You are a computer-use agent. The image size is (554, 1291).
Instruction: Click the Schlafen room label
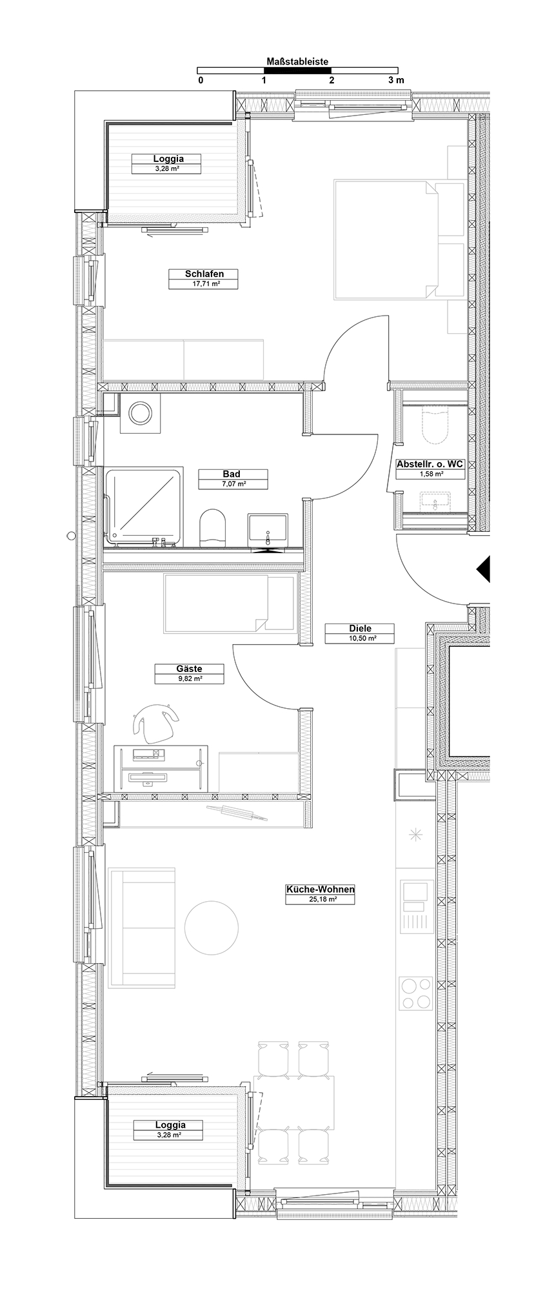coord(204,274)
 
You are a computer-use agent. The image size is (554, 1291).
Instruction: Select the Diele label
coord(360,629)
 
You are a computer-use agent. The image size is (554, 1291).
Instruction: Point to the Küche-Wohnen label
coord(321,889)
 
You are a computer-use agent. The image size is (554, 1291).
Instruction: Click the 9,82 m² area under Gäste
coord(189,679)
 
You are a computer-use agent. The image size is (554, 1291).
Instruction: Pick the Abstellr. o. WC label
coord(430,464)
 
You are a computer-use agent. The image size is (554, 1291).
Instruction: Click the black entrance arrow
coord(484,569)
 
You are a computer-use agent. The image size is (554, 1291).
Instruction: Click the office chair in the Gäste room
coord(155,722)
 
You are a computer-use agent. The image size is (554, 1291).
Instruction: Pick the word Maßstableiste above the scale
coord(297,62)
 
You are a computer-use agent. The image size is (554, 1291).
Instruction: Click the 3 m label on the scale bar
coord(396,80)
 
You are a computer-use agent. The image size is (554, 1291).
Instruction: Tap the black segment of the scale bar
coord(297,70)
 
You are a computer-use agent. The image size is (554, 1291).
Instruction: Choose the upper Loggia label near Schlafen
coord(168,159)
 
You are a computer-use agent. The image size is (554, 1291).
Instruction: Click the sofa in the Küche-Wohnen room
coord(142,928)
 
